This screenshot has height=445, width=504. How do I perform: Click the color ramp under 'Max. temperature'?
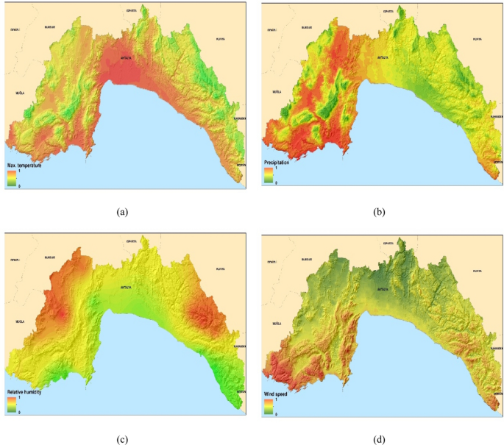11,177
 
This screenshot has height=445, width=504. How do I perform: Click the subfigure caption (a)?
124,212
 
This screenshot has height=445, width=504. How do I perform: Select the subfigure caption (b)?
379,212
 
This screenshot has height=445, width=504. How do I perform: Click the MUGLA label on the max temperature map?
20,93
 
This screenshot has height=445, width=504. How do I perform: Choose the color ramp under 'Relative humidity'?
11,405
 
